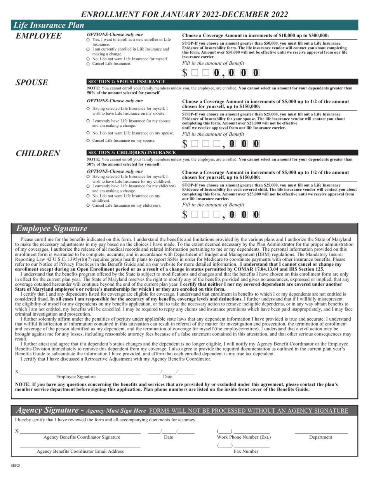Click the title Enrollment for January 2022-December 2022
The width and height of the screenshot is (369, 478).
coord(184,14)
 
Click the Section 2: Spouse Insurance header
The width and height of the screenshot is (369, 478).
coord(127,82)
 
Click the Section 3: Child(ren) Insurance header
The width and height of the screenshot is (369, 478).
coord(132,152)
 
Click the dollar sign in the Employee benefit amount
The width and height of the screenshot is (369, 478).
coord(185,73)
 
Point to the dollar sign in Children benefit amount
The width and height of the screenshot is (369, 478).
coord(185,214)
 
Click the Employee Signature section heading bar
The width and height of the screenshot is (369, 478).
coord(184,229)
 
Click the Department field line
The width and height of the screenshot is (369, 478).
coord(321,432)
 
